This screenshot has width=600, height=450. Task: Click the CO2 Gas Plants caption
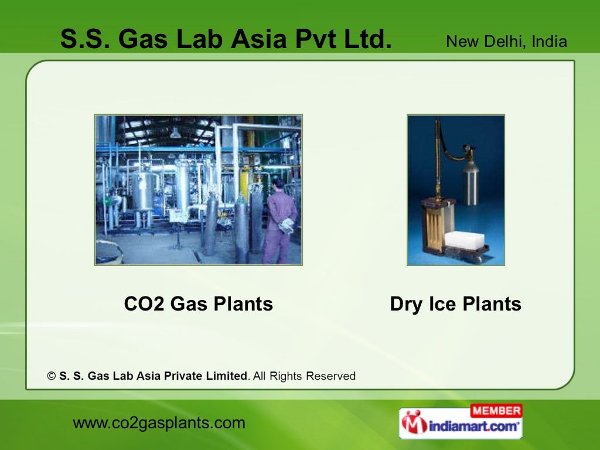[198, 304]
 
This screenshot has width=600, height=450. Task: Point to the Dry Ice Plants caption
[455, 304]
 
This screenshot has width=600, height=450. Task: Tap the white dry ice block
[465, 239]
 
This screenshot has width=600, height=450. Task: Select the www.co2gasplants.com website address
[159, 422]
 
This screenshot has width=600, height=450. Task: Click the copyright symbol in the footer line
[52, 376]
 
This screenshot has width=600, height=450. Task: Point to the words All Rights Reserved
[304, 376]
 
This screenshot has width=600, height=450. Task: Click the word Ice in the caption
[441, 304]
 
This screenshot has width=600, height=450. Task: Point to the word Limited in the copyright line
[224, 376]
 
